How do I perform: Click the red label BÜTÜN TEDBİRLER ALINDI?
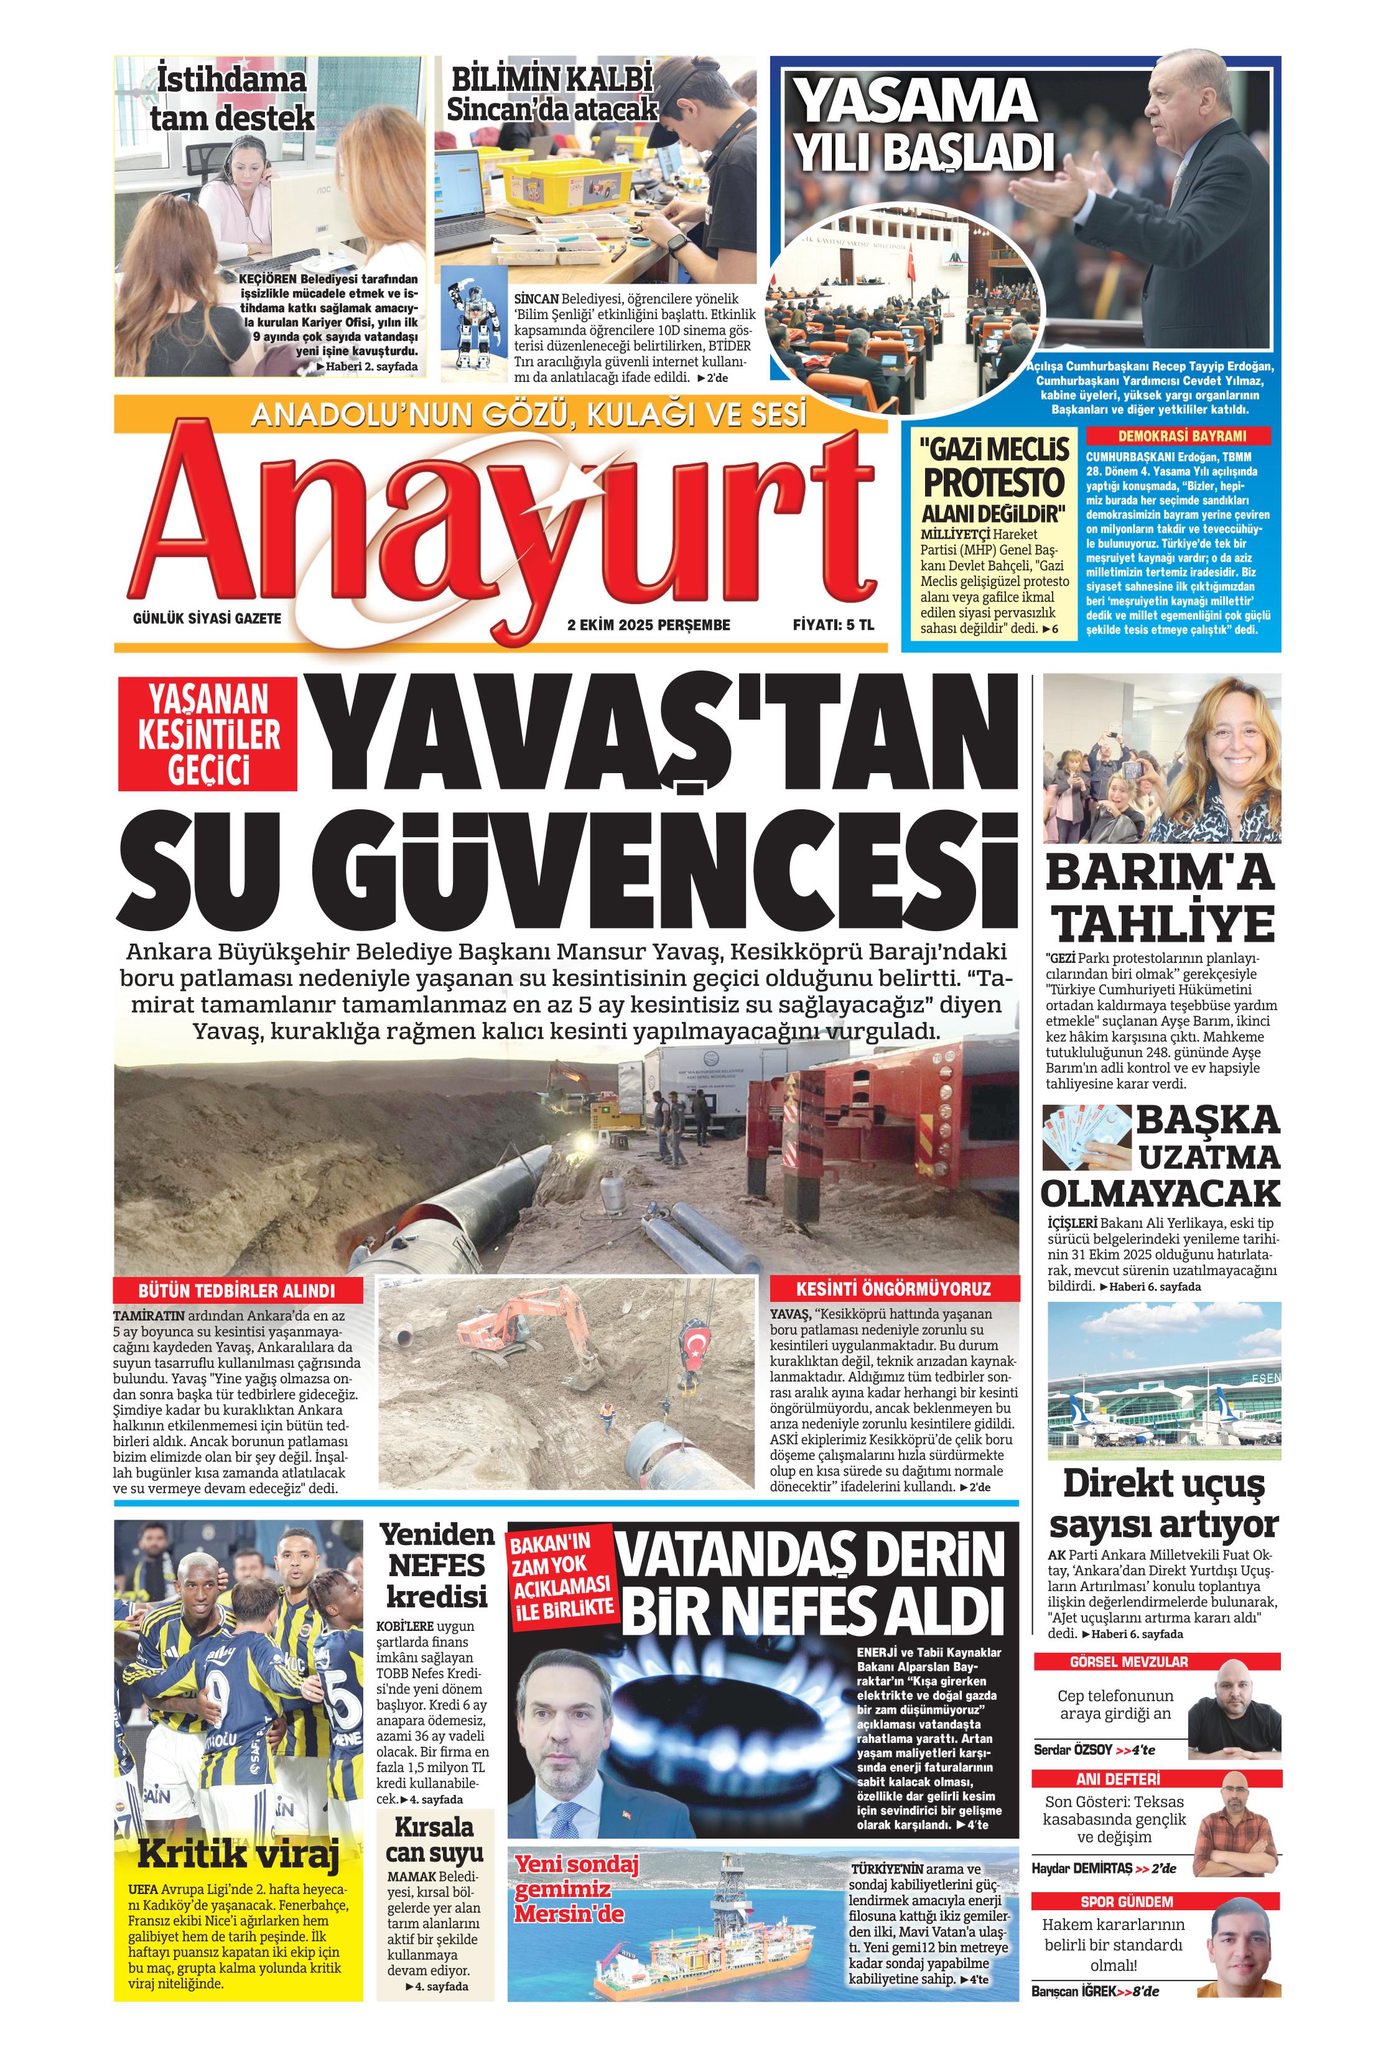[x=237, y=1289]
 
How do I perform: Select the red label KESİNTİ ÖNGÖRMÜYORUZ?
[x=892, y=1289]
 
